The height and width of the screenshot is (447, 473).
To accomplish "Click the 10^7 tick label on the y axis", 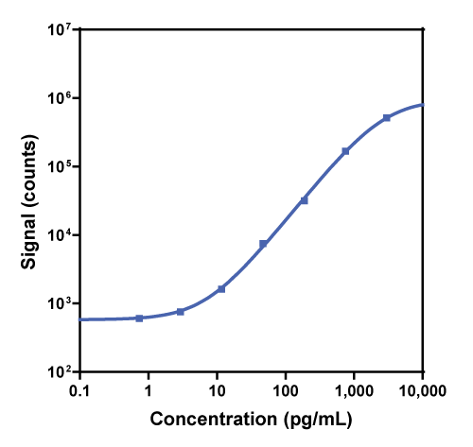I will point(61,29).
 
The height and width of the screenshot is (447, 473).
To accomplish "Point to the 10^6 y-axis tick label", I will point(61,98).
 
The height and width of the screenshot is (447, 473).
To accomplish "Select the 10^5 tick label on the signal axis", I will point(61,166).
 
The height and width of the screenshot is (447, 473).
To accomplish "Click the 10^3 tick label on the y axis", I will point(61,303).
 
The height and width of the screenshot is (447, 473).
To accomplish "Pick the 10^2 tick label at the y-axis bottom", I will point(61,372).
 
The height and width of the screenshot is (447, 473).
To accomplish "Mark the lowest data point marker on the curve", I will point(139,318).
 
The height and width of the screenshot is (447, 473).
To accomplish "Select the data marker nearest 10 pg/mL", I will point(221,288).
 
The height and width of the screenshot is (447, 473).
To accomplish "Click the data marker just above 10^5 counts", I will point(345,151).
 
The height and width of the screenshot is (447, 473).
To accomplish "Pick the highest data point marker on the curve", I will point(387,118).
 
